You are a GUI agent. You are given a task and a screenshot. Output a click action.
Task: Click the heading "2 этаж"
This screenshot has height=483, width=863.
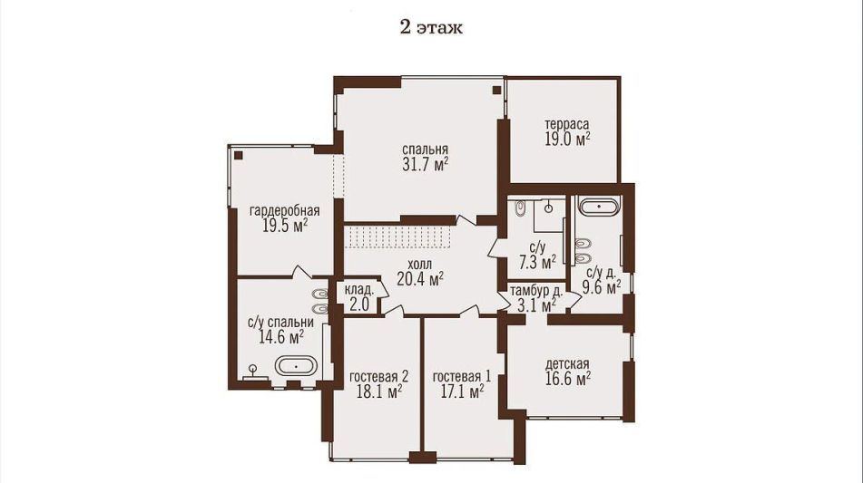[431, 27]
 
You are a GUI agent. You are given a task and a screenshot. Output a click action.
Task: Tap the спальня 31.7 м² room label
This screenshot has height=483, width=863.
[425, 157]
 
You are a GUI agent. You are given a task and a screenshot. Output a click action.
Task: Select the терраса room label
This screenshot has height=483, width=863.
[566, 124]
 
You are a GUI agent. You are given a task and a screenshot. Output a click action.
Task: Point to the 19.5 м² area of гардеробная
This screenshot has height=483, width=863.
[284, 226]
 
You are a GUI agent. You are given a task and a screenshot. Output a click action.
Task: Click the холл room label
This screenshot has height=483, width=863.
[421, 265]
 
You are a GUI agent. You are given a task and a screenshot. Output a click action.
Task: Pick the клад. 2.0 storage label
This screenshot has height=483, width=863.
[359, 297]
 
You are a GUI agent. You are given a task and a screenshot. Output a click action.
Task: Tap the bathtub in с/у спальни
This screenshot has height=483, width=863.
[296, 365]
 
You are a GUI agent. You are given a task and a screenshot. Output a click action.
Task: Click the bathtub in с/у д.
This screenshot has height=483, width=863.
[599, 208]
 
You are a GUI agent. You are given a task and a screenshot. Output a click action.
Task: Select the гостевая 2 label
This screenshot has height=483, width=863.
[378, 377]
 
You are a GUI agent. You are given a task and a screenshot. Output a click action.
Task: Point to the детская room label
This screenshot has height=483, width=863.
[567, 363]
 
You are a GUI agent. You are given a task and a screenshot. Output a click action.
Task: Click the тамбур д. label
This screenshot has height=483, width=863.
[536, 291]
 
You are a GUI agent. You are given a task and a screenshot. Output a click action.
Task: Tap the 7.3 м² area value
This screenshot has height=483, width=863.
[538, 263]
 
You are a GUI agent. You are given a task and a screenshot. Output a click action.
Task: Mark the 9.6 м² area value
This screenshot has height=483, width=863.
[603, 287]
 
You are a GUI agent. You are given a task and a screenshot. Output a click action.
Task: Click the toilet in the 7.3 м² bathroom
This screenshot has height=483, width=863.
[520, 208]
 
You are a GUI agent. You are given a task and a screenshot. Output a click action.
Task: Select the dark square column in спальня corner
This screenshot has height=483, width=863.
[496, 90]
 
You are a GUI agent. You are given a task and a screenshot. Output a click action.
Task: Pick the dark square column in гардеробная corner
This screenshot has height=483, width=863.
[238, 155]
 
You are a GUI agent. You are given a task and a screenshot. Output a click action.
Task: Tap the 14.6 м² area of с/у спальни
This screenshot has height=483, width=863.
[281, 337]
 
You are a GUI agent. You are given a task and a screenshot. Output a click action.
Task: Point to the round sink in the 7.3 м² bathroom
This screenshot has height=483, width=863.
[549, 208]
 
